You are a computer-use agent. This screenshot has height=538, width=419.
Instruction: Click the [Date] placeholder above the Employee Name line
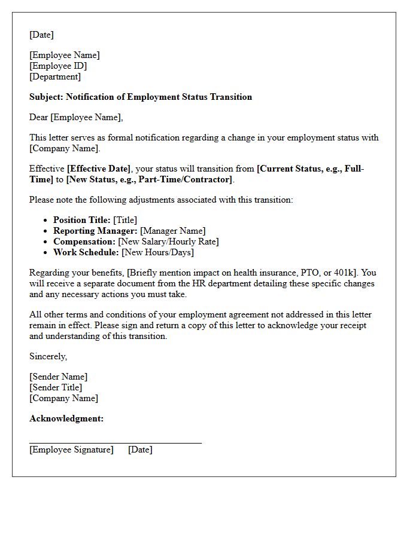41,35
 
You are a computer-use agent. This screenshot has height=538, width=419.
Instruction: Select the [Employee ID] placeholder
58,66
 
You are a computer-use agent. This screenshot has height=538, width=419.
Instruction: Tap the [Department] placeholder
55,77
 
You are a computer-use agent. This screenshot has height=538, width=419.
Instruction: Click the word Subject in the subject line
45,97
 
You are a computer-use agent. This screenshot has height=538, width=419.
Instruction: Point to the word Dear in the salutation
39,117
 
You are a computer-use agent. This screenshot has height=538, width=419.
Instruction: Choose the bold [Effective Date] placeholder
98,169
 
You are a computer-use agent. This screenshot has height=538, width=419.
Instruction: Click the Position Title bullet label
81,220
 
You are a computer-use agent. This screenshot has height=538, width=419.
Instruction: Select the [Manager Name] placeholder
173,231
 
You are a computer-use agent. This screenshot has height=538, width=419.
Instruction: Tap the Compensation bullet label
84,242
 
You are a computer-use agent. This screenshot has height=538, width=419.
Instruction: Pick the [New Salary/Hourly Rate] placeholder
168,242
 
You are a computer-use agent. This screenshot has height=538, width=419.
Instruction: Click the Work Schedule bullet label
86,252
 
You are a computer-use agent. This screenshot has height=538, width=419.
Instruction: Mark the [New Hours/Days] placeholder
157,252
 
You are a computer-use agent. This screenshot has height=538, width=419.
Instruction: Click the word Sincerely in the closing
48,356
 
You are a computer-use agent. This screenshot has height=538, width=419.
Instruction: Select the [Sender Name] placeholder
58,377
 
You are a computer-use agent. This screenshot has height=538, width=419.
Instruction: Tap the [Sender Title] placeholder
56,387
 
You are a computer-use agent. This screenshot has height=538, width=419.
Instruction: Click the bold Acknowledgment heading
66,418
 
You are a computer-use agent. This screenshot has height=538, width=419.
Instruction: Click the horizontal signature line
115,443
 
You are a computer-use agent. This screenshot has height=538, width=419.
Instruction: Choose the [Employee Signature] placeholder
71,450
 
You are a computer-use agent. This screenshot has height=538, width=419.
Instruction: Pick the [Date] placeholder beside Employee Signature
140,450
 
